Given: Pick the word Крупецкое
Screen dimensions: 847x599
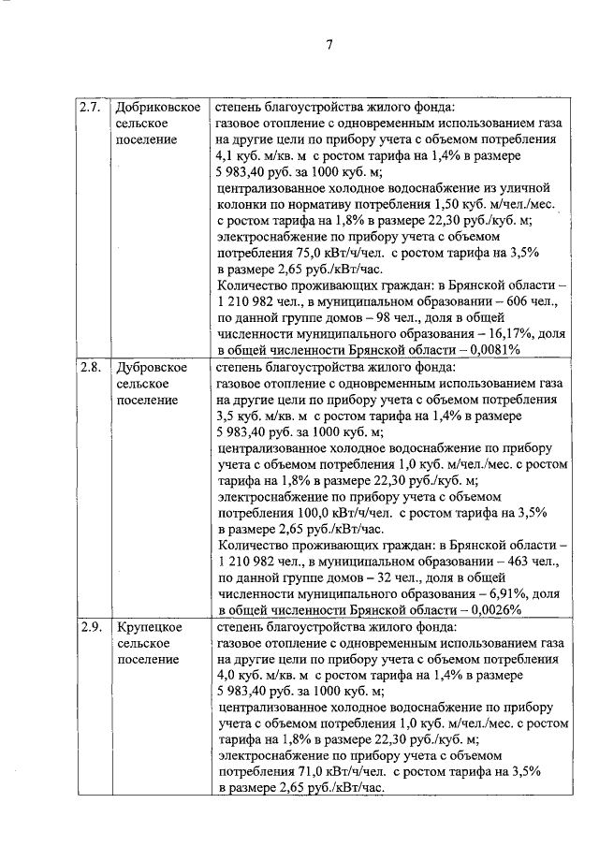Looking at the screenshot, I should click(x=150, y=626).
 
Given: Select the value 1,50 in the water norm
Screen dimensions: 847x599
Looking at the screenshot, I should click(x=449, y=203).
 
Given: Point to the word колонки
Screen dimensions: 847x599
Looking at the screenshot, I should click(x=241, y=203).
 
